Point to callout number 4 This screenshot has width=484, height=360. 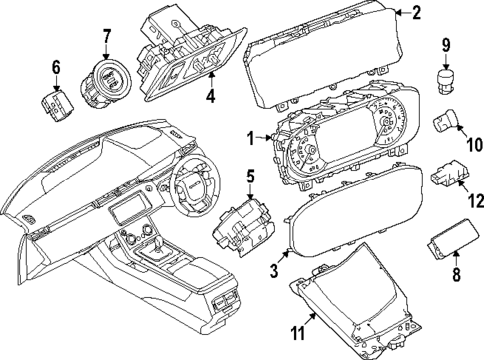(209, 97)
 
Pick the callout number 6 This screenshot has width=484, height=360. (56, 67)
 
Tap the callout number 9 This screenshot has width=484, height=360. (446, 45)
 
